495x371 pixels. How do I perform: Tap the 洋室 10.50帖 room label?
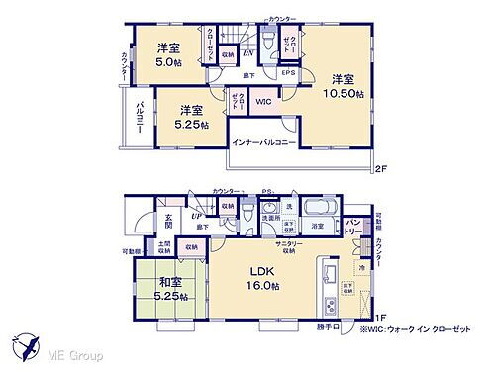click(x=344, y=86)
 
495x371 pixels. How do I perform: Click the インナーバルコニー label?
click(x=265, y=142)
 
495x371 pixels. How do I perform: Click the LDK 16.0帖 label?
click(x=262, y=276)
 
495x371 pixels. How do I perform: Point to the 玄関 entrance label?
click(x=169, y=227)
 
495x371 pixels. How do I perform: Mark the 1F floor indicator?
click(x=380, y=317)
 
